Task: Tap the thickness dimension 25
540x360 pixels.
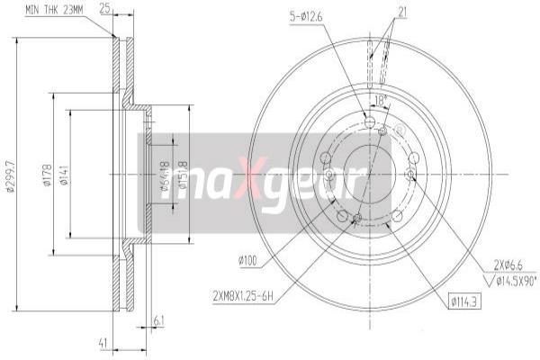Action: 106,10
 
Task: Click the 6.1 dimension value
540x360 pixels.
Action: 158,320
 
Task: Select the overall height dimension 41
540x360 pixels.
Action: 103,341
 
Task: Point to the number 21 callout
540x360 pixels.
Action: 402,10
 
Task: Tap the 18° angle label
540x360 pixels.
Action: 379,101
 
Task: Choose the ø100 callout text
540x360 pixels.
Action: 249,260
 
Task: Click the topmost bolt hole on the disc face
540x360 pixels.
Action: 370,122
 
